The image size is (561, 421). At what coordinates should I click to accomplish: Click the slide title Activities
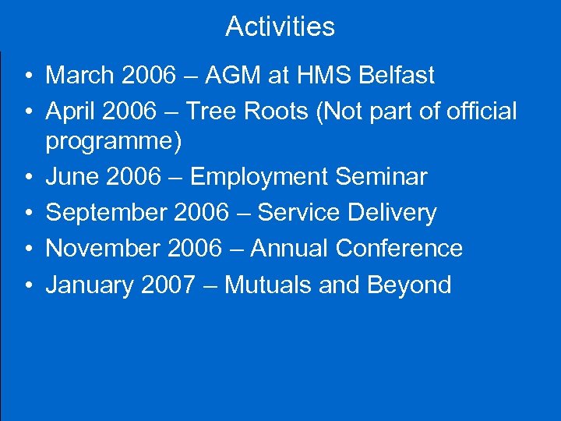[x=280, y=27]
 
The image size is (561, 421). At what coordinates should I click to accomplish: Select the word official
[x=482, y=111]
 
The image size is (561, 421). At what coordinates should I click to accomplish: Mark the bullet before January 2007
[x=27, y=285]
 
